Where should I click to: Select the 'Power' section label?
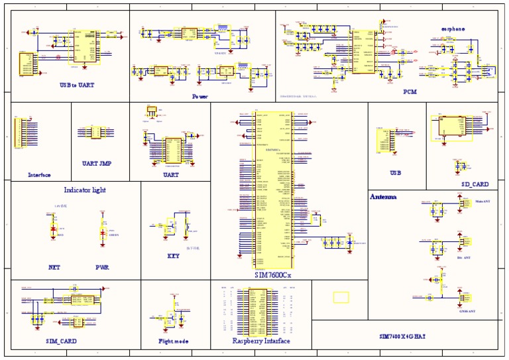(200, 96)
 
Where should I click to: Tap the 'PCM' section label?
(410, 92)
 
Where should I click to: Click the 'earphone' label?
(453, 29)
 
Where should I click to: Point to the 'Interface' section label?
(39, 175)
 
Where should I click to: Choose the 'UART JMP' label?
(97, 162)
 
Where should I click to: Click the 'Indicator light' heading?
(85, 190)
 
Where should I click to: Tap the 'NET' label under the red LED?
(54, 268)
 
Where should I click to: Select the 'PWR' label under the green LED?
(102, 268)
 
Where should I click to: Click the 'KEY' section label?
(173, 256)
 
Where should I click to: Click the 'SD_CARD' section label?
(475, 184)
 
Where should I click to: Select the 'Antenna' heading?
(383, 197)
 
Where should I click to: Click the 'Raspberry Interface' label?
(260, 341)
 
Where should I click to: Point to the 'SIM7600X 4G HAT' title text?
(402, 336)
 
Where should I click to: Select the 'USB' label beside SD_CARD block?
(396, 172)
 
